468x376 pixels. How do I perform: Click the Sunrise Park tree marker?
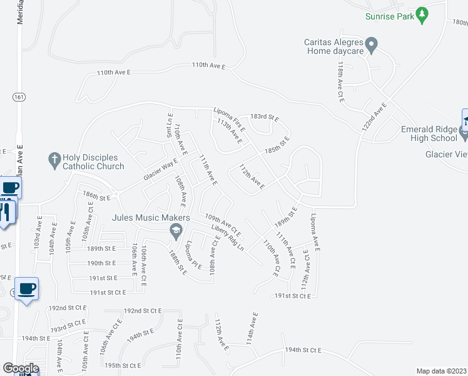click(x=422, y=14)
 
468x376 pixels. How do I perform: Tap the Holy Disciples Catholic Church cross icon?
click(x=54, y=160)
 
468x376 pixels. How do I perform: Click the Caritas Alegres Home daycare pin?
click(x=371, y=44)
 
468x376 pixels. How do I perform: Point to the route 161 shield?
click(x=18, y=97)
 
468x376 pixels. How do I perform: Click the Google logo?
click(x=21, y=368)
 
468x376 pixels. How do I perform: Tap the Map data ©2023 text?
click(x=441, y=371)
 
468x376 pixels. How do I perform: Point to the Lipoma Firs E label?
click(x=230, y=117)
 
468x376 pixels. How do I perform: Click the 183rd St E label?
click(x=264, y=117)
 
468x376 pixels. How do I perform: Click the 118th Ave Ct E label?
click(x=341, y=81)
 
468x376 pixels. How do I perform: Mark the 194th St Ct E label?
click(x=303, y=350)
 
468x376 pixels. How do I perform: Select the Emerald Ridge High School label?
click(x=429, y=134)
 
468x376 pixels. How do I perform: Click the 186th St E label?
click(x=96, y=197)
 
